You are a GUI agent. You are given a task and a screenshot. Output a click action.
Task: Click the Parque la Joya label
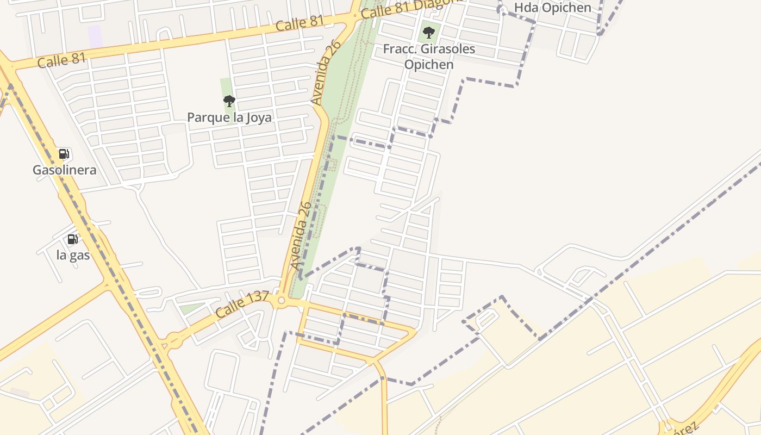pos(229,117)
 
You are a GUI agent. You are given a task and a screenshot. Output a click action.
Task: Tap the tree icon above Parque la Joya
pos(229,101)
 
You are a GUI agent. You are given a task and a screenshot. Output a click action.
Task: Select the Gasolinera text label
pos(65,170)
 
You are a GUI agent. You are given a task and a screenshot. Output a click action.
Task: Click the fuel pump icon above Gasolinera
pos(64,154)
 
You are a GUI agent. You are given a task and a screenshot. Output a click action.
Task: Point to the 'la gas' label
pos(73,254)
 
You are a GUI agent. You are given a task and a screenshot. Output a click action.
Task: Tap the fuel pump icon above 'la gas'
pos(72,239)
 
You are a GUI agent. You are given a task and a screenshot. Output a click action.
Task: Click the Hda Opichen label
pos(552,8)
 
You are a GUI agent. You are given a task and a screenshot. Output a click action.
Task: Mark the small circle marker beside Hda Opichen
pos(502,9)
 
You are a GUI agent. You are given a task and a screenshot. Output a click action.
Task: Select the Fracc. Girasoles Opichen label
pos(429,57)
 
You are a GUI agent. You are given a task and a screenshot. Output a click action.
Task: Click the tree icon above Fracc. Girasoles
pos(429,33)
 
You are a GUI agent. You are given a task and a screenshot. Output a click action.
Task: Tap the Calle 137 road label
pos(242,305)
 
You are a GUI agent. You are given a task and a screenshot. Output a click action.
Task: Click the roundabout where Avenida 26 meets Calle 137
pos(281,301)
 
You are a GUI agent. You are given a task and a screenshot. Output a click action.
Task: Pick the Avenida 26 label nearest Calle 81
pos(326,72)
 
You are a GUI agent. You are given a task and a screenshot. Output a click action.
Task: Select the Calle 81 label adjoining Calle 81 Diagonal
pos(300,23)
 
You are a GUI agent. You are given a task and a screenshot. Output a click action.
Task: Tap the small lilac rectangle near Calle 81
pos(95,36)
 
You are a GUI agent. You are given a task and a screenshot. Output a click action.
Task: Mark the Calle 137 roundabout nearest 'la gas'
pos(174,341)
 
